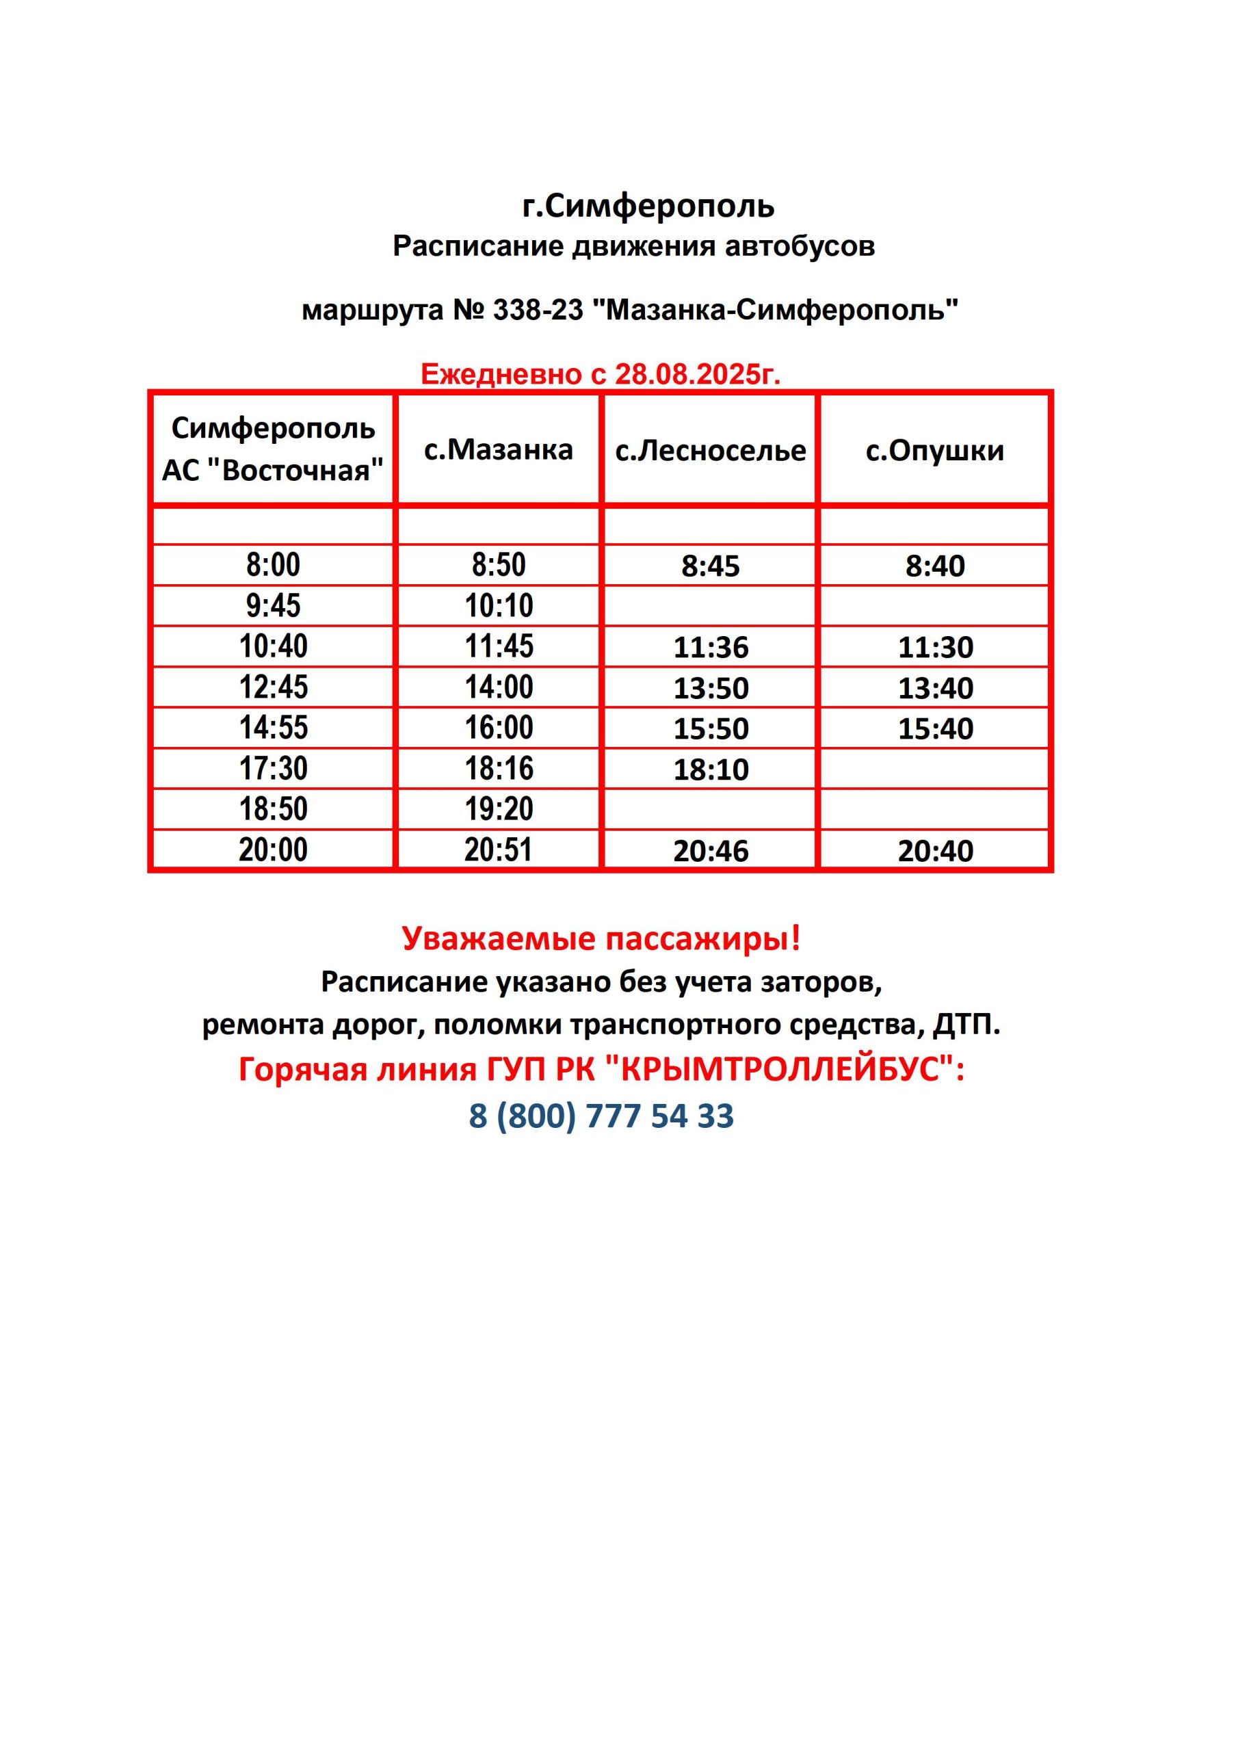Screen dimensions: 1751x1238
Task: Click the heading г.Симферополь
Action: point(648,206)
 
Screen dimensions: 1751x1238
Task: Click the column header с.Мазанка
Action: point(498,450)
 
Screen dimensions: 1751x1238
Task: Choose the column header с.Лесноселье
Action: point(710,451)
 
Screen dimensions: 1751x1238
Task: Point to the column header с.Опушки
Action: point(934,451)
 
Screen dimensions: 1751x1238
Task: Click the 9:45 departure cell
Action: point(273,605)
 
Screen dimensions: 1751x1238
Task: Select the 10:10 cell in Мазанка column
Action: point(499,605)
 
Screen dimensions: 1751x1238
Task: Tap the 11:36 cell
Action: point(710,648)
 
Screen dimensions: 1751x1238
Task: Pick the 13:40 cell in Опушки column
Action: point(935,689)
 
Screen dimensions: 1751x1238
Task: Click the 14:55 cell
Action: point(273,728)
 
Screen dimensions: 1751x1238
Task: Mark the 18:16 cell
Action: point(499,768)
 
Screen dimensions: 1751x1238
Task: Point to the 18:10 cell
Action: point(710,769)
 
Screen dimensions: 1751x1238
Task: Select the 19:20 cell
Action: point(499,809)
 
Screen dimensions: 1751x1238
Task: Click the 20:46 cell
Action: point(710,851)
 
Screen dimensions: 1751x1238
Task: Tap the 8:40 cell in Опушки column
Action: point(935,566)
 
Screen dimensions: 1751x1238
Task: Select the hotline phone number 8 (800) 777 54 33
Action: point(601,1115)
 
